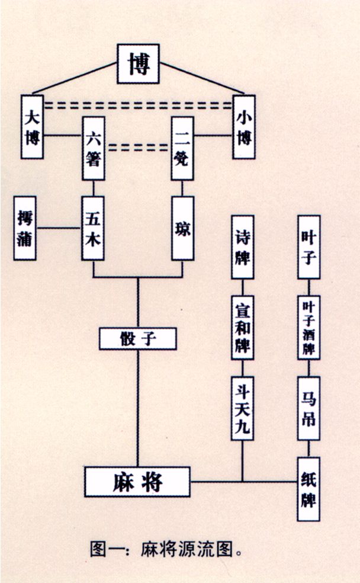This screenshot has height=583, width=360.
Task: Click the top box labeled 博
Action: click(x=139, y=63)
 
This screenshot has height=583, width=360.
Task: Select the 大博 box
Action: click(x=32, y=126)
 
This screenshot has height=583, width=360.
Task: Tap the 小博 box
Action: click(x=244, y=126)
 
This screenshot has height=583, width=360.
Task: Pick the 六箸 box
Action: click(x=94, y=148)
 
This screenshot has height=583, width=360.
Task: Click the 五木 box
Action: click(x=94, y=228)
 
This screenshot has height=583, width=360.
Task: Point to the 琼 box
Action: click(x=183, y=228)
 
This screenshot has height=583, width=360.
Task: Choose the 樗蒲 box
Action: click(x=25, y=229)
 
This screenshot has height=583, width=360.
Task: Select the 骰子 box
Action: click(x=138, y=338)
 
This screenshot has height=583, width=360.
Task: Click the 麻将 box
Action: click(x=137, y=481)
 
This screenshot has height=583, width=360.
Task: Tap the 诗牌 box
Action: click(x=242, y=247)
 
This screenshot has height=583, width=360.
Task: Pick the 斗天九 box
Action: click(x=242, y=408)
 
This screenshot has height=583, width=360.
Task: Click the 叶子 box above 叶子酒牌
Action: click(x=308, y=247)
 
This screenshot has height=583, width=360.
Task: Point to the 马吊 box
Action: click(x=308, y=408)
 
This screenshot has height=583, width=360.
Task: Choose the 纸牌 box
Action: click(x=308, y=489)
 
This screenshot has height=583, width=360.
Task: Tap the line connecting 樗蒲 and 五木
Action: click(x=59, y=228)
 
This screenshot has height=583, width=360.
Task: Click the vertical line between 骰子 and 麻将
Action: click(x=138, y=409)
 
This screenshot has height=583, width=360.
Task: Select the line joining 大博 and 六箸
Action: click(x=63, y=134)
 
